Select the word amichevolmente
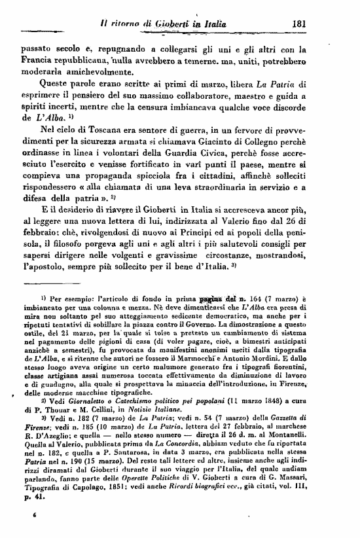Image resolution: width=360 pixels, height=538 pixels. [122, 73]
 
